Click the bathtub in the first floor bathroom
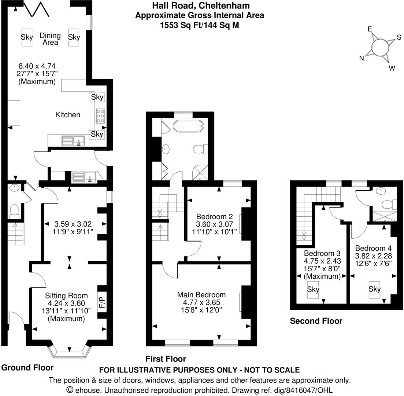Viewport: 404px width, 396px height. coord(188,125)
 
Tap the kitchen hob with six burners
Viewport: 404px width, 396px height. coord(100,115)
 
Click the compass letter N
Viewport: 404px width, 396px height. coord(362,58)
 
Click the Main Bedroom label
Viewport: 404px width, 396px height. coord(201,295)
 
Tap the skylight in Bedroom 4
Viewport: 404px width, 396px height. coord(374,289)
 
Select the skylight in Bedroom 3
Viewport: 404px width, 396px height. coord(313,289)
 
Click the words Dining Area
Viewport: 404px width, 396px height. coord(50,39)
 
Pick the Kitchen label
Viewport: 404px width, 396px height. coord(68,115)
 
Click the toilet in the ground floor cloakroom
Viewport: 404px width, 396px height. coord(14,210)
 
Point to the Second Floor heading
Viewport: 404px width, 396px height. coord(316,321)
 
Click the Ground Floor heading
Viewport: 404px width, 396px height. coord(27,367)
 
